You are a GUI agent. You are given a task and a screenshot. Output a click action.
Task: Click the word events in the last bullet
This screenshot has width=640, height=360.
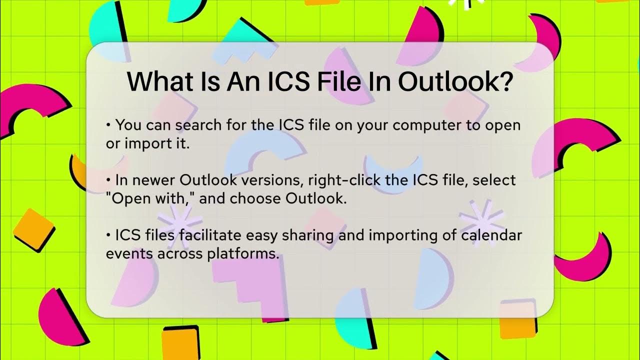(x=129, y=253)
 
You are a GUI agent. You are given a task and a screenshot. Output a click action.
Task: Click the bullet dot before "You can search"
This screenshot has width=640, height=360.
(x=108, y=125)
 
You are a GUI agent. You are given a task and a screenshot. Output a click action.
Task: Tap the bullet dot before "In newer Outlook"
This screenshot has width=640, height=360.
(x=108, y=179)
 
